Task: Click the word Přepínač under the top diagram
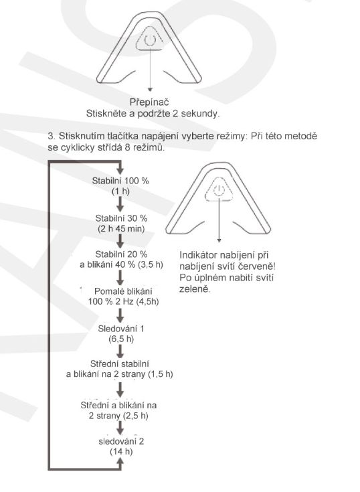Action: click(149, 102)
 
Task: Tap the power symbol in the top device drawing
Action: click(150, 40)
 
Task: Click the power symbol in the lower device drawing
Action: click(219, 190)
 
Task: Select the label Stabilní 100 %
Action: click(120, 181)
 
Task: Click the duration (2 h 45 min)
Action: click(121, 228)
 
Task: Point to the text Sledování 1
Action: click(121, 329)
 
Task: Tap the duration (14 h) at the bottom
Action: click(121, 452)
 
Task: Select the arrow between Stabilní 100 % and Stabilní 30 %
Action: click(120, 204)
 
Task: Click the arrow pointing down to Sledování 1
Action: click(120, 316)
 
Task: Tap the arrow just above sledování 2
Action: click(120, 428)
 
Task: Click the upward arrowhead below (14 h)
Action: click(120, 461)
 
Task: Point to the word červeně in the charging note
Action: click(260, 266)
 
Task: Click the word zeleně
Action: click(195, 289)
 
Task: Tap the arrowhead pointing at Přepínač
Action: click(150, 90)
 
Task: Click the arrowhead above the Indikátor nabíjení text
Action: click(219, 240)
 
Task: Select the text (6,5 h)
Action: click(121, 339)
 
